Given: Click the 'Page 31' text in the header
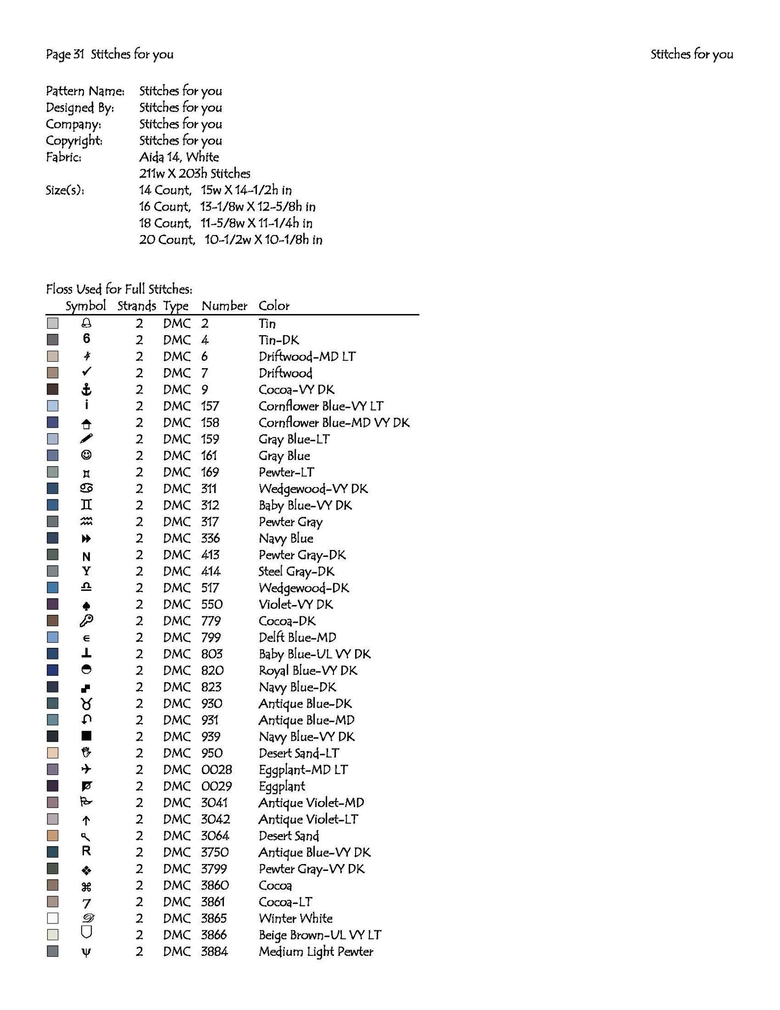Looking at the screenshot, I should (x=65, y=55).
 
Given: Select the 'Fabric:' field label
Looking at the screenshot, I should (x=63, y=157).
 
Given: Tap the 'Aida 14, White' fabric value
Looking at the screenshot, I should (x=179, y=157).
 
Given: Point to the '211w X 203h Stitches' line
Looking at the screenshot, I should (x=195, y=173).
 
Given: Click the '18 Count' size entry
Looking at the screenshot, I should (x=165, y=223).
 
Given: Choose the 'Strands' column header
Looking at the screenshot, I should (x=137, y=306).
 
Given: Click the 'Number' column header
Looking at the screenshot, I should (x=224, y=306).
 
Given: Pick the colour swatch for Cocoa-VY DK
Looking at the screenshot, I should (x=53, y=389).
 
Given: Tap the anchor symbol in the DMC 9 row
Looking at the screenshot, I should (x=86, y=390).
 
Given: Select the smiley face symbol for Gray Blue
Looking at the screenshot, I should (x=86, y=455).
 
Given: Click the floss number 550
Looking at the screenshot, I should (x=212, y=604).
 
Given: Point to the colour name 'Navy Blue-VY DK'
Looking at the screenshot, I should (x=306, y=736).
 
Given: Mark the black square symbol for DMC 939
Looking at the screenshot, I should (x=86, y=736).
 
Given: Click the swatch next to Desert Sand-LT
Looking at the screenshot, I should (x=53, y=752).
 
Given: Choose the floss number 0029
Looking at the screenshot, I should (x=216, y=786).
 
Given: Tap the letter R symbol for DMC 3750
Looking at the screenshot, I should (x=86, y=851).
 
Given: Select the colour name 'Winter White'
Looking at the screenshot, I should (x=296, y=918).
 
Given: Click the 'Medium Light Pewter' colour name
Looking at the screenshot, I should (x=316, y=952).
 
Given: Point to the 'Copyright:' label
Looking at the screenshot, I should (x=74, y=141).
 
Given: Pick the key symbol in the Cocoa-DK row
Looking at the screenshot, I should (x=86, y=621).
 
